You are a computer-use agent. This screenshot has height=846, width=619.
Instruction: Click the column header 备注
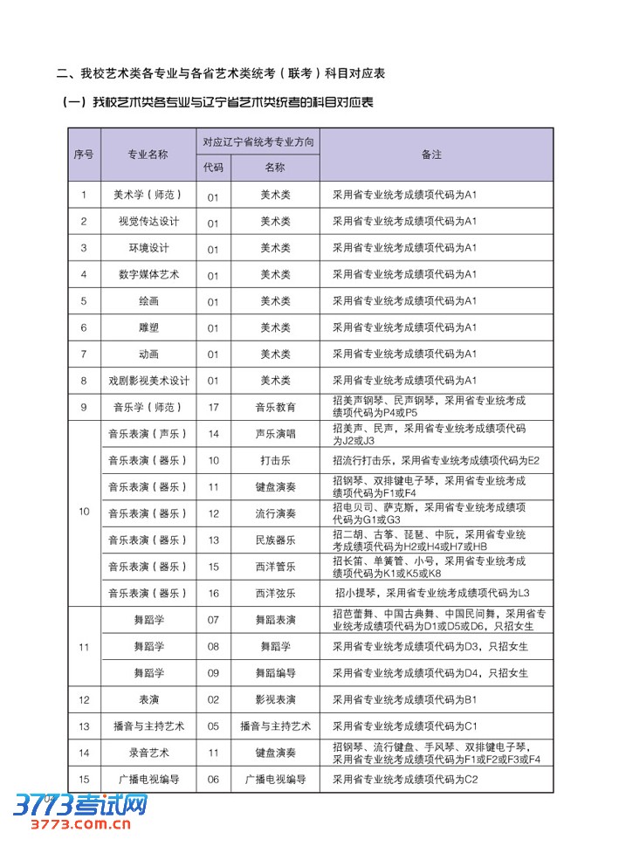coord(431,154)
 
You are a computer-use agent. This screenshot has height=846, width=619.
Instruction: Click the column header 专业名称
coord(148,154)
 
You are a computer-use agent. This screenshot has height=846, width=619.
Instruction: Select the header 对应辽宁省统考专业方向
coord(258,141)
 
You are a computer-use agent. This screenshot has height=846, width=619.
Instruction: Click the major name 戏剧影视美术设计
coord(148,381)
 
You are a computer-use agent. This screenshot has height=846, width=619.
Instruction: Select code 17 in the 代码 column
coord(213,407)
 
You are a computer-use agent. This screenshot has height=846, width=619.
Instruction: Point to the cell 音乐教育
coord(275,407)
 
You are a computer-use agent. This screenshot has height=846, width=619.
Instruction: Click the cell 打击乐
coord(275,460)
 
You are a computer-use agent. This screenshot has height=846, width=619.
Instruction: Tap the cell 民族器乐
coord(275,540)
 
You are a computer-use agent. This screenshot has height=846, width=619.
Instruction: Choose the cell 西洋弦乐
coord(275,594)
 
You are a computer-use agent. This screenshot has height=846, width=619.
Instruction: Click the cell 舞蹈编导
coord(275,673)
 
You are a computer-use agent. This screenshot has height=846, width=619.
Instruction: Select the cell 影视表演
coord(275,700)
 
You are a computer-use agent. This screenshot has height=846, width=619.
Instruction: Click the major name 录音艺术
coord(148,753)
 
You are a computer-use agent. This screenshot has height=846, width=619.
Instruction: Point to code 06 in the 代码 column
coord(213,780)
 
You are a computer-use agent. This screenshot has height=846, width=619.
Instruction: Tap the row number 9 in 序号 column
coord(84,407)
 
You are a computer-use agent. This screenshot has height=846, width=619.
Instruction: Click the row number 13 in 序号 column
coord(84,726)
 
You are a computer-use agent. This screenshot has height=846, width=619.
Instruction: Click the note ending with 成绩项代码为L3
coord(432,594)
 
